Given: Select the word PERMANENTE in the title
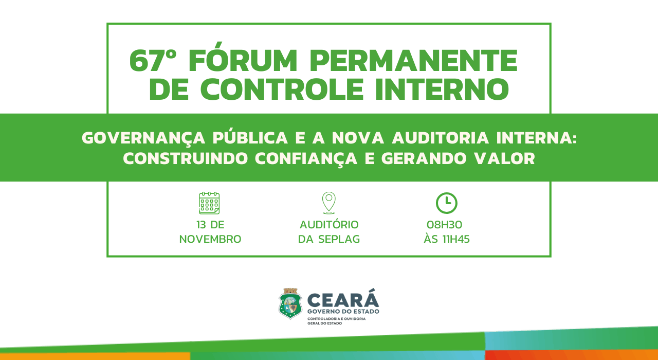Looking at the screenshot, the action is click(x=413, y=61).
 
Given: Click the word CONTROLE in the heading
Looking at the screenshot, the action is click(x=282, y=89).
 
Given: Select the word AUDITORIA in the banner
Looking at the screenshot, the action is click(x=441, y=138).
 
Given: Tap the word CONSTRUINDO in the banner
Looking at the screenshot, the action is click(x=186, y=158).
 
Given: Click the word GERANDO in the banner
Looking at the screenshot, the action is click(x=424, y=158).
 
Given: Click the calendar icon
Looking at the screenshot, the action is click(x=209, y=203).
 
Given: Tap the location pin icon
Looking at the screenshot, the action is click(x=328, y=203).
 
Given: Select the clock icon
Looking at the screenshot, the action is click(x=447, y=203).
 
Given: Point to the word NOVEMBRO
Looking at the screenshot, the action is click(x=210, y=239).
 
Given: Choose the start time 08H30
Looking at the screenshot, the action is click(x=445, y=225).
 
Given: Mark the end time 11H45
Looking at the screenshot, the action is click(x=456, y=239).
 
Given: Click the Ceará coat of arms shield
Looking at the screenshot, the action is click(x=290, y=303).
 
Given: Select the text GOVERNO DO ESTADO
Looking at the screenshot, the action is click(x=343, y=311).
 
